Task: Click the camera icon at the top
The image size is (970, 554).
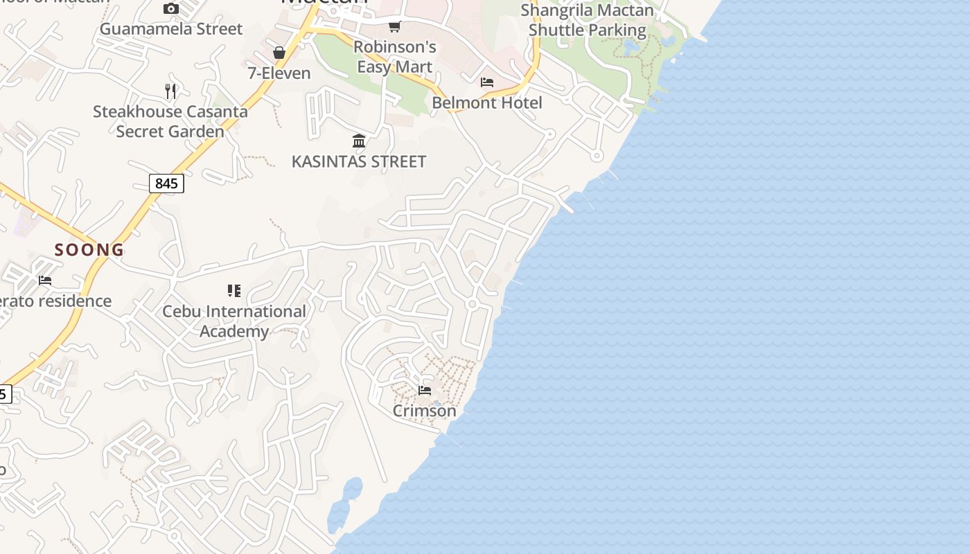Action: (x=171, y=8)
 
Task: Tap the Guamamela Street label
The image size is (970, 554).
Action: (x=171, y=29)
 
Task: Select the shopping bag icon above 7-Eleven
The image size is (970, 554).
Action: (x=279, y=53)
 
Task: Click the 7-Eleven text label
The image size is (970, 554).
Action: (x=279, y=73)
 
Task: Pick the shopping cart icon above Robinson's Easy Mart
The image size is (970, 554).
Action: (x=395, y=26)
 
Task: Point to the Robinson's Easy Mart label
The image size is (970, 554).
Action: (x=395, y=57)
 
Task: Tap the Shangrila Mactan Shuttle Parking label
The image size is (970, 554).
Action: (x=587, y=21)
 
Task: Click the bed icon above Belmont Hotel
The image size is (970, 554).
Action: (x=487, y=82)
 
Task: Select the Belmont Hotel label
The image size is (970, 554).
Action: (x=487, y=102)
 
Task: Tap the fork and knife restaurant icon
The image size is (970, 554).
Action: (x=170, y=91)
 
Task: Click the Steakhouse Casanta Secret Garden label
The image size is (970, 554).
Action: (x=170, y=121)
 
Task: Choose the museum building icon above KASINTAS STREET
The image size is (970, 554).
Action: (x=359, y=141)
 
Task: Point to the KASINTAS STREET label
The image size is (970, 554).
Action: (x=359, y=161)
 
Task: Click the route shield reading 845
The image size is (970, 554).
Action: (x=166, y=184)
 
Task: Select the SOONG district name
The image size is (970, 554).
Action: (x=89, y=250)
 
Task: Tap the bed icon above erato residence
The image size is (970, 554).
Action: (x=45, y=280)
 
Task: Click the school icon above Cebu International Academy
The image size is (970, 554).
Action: (x=234, y=291)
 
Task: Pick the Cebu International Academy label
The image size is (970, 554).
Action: (x=234, y=321)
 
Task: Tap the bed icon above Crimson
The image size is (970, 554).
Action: (x=425, y=391)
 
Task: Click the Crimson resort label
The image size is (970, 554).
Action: (x=425, y=411)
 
